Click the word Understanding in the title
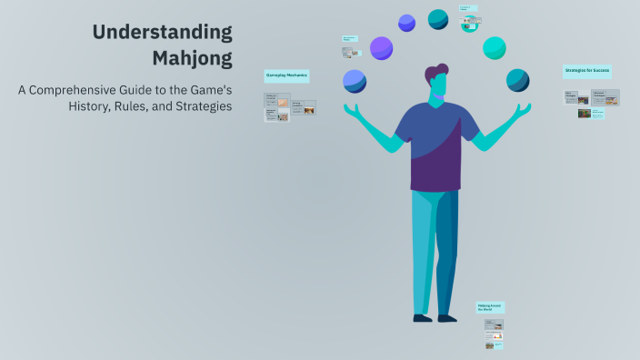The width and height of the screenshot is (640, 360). click(163, 33)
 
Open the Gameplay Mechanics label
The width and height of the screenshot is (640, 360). click(286, 75)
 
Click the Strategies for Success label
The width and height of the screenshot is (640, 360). click(587, 71)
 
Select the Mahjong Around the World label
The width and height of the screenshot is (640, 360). click(491, 308)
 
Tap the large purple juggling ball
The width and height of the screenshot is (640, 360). click(382, 48)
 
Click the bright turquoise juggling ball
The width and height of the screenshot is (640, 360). click(495, 47)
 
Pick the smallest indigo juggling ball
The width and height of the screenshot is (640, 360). click(406, 23)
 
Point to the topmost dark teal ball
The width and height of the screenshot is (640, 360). click(438, 18)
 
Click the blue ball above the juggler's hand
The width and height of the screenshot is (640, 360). click(355, 81)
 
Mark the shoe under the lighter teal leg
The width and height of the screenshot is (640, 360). click(422, 318)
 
